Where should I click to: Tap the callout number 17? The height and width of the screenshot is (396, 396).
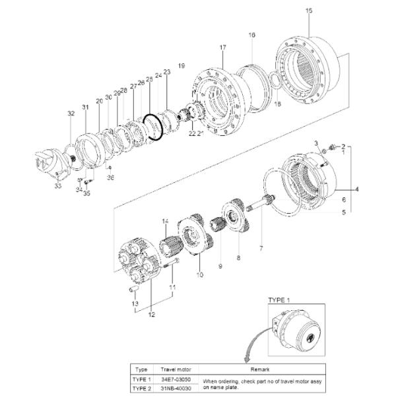pyautogui.click(x=222, y=48)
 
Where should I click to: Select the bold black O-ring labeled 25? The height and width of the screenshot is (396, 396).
pyautogui.click(x=153, y=127)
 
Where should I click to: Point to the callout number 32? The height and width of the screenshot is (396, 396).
pyautogui.click(x=71, y=114)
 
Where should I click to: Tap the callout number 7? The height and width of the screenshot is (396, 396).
pyautogui.click(x=261, y=249)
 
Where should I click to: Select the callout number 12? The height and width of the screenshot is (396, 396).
pyautogui.click(x=151, y=315)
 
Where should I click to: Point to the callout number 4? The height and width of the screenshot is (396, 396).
pyautogui.click(x=357, y=189)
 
